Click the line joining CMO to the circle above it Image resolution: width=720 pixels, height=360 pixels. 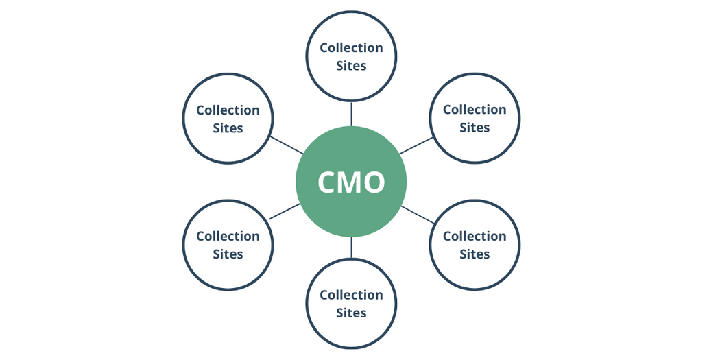point(351,113)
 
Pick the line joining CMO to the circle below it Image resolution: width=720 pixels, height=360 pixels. point(351,248)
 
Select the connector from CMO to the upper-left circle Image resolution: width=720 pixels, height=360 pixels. point(287,145)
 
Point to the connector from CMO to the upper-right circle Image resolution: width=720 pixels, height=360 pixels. point(416,145)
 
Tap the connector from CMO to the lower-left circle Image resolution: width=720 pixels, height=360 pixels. point(285,211)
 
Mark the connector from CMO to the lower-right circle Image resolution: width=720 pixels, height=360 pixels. point(418,215)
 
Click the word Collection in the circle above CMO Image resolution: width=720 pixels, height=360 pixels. point(351,48)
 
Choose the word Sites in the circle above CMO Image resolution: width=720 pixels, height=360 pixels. point(351,66)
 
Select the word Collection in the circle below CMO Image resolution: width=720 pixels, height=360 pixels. point(351,295)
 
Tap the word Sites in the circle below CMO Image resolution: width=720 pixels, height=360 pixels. point(351,313)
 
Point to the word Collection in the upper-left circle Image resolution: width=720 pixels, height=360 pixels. point(228,110)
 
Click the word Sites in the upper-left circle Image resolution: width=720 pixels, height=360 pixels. point(228,128)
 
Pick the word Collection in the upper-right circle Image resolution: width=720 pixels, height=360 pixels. point(475,110)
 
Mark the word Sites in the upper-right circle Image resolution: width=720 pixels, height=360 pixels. point(475,127)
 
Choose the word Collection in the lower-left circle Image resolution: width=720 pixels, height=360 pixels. point(228,236)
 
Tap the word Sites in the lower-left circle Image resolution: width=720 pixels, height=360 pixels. point(228,254)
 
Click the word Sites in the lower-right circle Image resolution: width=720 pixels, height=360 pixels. point(475,254)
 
